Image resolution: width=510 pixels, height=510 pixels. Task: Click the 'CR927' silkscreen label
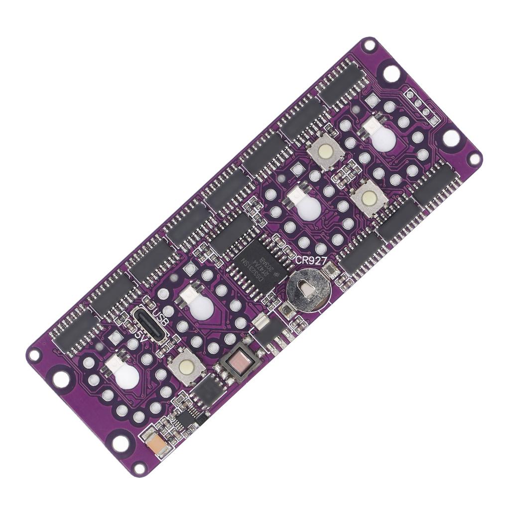point(312,260)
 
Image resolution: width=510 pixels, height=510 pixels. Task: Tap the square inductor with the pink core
point(239,362)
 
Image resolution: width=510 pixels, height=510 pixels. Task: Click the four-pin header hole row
point(422,107)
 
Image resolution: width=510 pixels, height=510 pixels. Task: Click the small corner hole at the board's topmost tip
point(369,45)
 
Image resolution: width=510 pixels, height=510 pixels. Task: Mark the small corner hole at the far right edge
point(474,159)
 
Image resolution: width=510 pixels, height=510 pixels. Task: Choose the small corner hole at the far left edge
point(34,355)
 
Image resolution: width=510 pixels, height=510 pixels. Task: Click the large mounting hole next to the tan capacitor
point(121,443)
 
